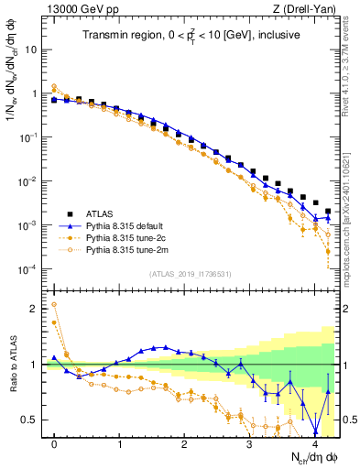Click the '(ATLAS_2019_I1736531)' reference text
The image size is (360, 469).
pyautogui.click(x=191, y=274)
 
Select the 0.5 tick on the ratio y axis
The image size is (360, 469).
pyautogui.click(x=33, y=420)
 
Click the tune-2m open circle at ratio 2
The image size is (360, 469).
pyautogui.click(x=55, y=305)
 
